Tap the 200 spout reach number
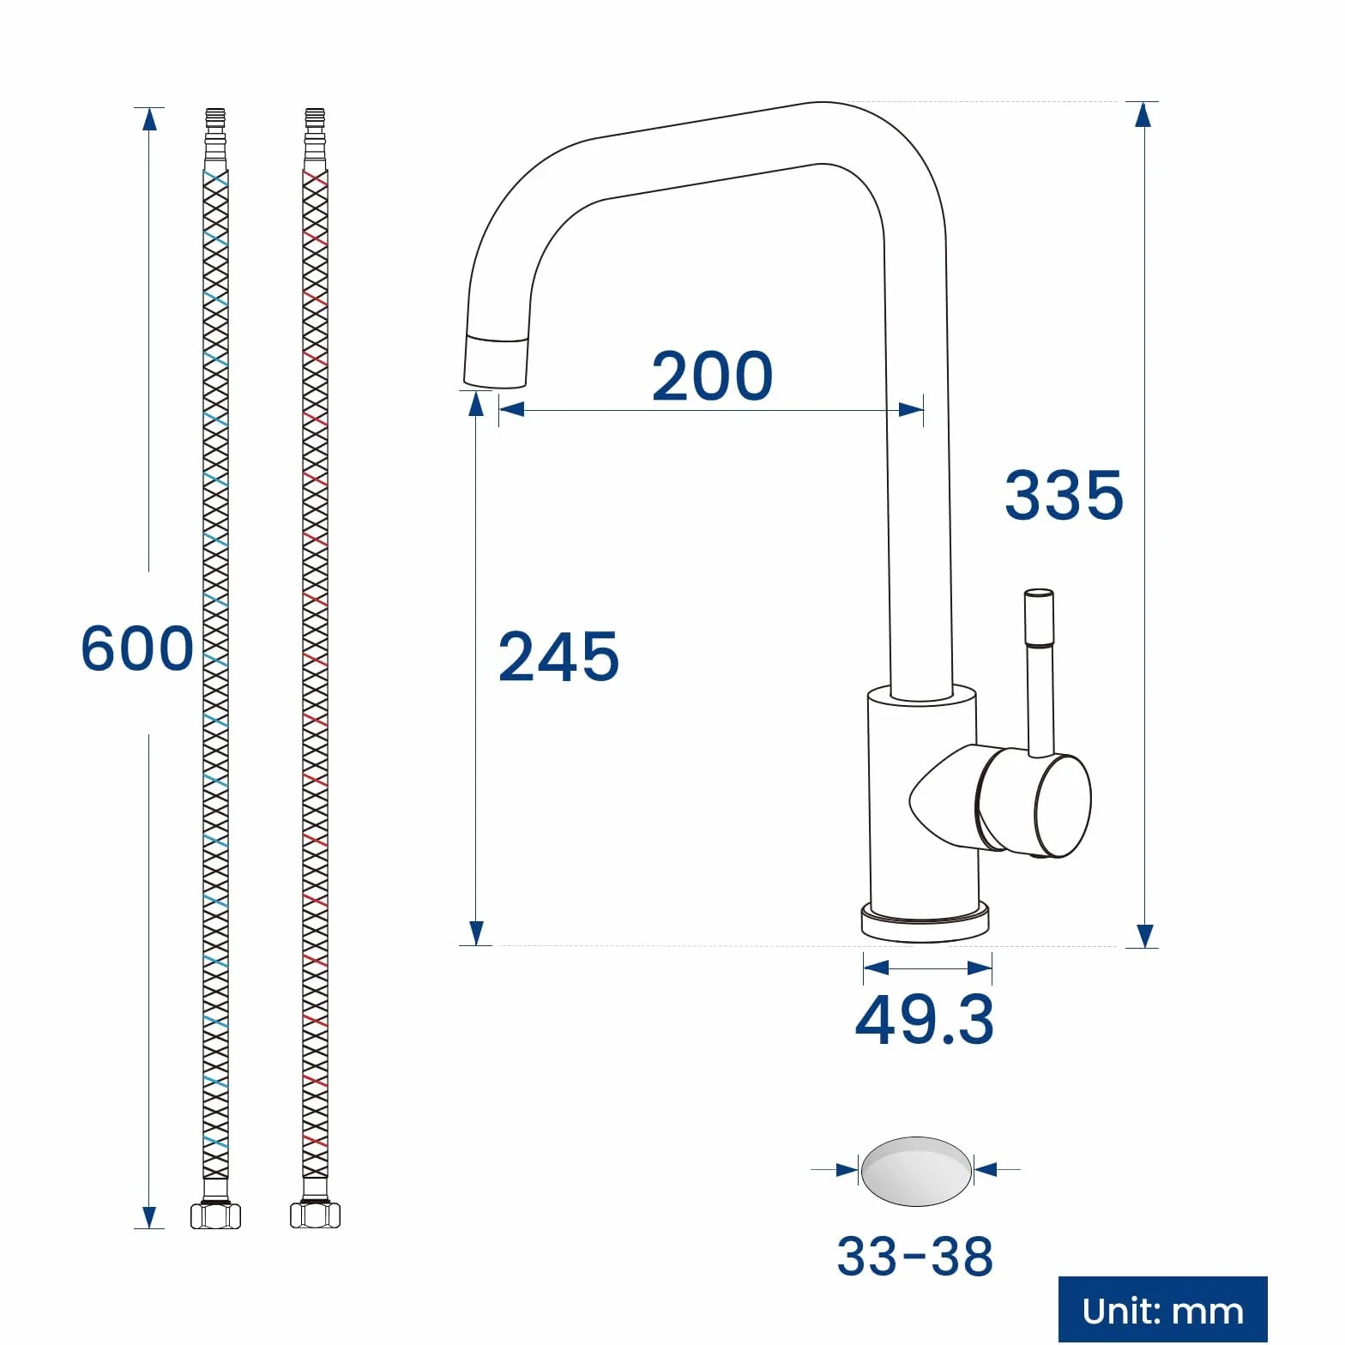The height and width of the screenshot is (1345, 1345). coord(712,376)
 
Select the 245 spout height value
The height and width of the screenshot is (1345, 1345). coord(558,656)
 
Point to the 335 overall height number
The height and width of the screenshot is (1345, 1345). coord(1064,495)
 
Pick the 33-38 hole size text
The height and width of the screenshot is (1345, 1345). coord(914,1256)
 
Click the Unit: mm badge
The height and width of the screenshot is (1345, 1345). coord(1162,1310)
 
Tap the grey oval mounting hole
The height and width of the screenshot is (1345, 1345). coord(916,1171)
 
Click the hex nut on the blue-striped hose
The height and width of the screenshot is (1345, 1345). coord(215,1215)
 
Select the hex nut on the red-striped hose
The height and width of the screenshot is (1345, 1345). coord(315,1215)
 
